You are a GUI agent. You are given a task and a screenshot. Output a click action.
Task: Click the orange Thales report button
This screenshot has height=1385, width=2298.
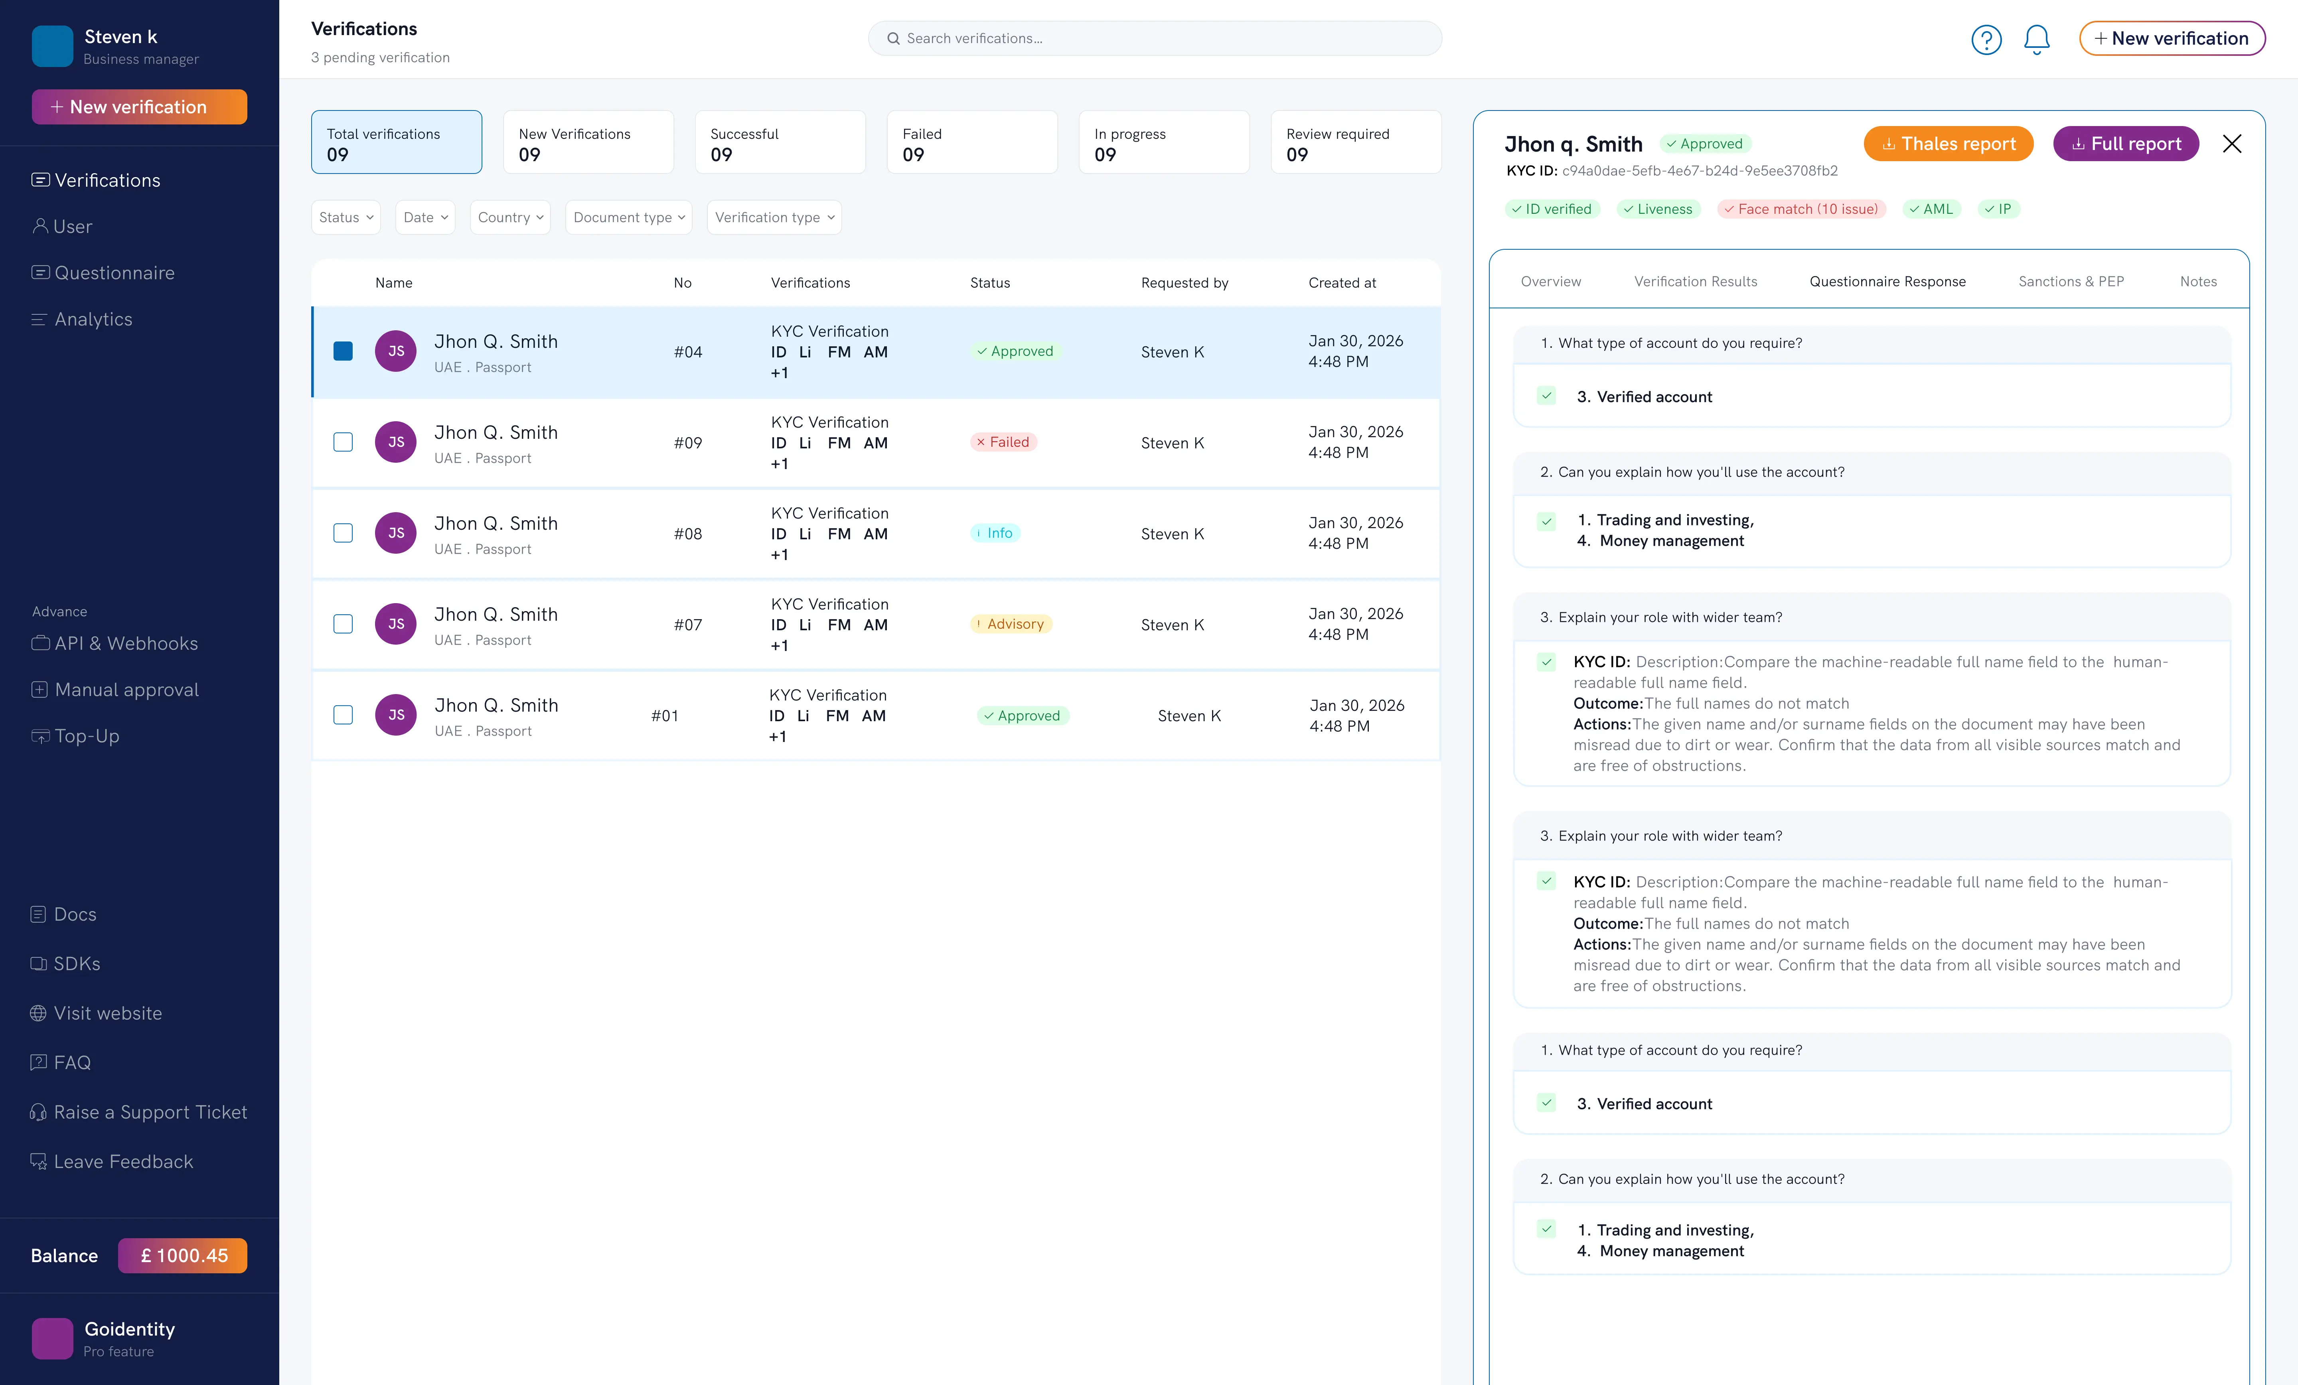[1948, 144]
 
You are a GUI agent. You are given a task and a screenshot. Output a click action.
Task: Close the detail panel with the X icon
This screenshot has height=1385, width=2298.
[2232, 144]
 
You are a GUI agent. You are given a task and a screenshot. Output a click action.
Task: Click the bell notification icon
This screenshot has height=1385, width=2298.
[2037, 39]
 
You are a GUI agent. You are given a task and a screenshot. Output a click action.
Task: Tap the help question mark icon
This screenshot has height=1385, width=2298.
[1986, 39]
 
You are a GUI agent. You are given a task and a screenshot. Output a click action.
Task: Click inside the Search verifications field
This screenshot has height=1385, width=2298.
[1155, 38]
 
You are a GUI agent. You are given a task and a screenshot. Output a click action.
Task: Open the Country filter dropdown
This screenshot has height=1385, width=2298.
[510, 217]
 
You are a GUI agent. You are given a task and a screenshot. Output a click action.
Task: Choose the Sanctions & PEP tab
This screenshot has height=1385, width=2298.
[2071, 282]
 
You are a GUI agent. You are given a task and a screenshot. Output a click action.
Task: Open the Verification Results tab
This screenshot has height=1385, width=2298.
[1696, 282]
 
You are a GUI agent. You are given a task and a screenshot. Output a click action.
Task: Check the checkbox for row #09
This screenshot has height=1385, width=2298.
[343, 442]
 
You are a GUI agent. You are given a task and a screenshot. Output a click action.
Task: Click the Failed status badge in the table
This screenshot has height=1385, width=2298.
[1003, 442]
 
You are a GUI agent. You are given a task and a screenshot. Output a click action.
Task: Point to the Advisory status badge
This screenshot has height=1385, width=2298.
[1011, 624]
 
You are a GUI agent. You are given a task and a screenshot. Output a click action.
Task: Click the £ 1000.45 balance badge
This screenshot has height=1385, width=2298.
[183, 1255]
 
